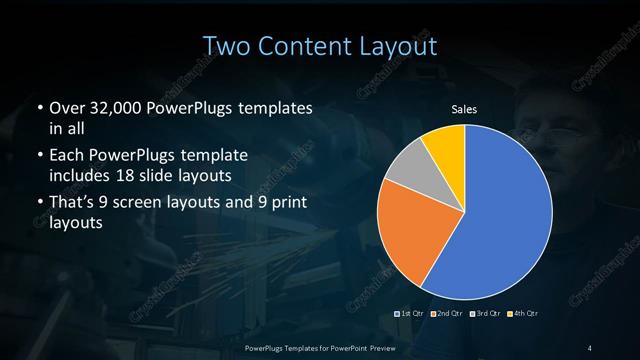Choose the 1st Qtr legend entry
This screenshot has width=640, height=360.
[x=414, y=314]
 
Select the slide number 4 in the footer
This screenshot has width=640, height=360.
[x=591, y=347]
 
